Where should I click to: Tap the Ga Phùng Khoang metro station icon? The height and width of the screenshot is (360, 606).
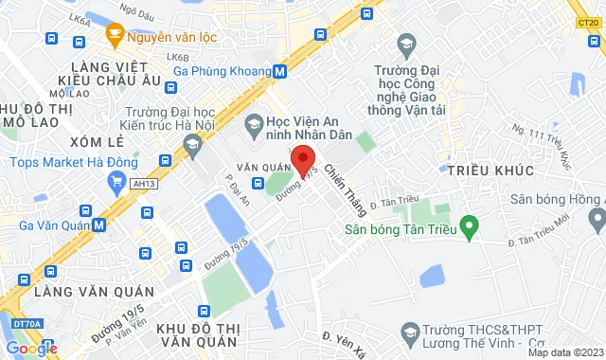[280, 71]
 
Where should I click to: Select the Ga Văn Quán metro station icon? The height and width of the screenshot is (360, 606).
[99, 225]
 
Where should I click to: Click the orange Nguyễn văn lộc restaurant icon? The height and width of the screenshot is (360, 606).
[115, 38]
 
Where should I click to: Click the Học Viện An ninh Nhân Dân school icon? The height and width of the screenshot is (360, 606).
[254, 122]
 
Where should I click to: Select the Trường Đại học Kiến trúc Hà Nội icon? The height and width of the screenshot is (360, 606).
[193, 144]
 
